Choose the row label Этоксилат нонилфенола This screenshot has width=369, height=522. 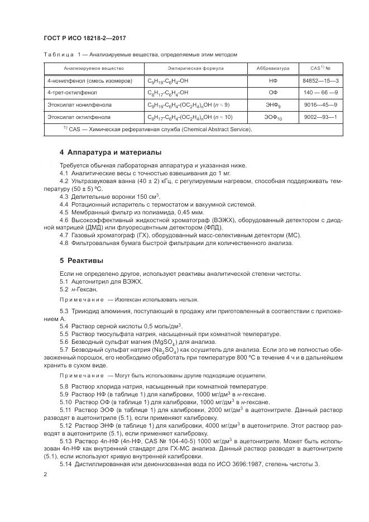tap(79, 104)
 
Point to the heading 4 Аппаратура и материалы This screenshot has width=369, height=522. tap(111, 152)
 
